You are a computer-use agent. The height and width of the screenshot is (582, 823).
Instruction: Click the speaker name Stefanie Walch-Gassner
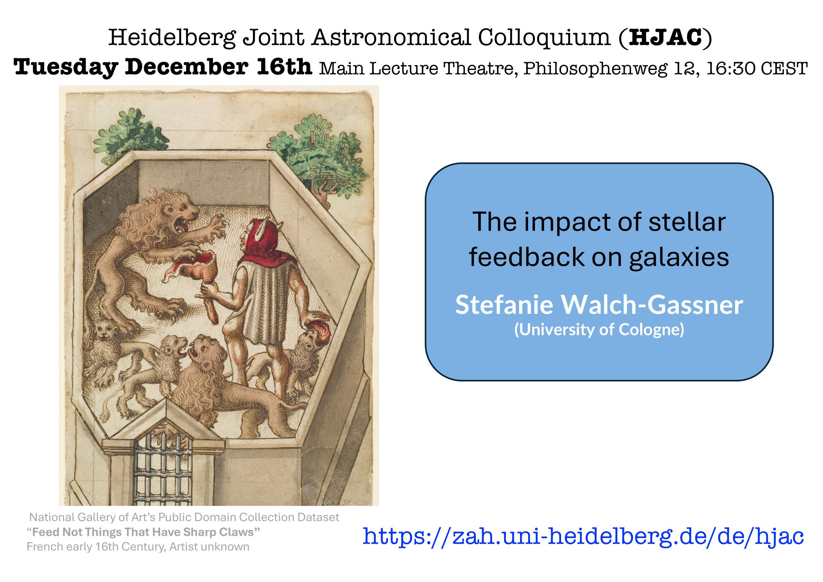(599, 305)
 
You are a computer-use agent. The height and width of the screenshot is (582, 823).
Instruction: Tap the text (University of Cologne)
(599, 330)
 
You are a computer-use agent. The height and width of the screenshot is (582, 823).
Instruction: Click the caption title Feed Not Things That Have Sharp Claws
(143, 532)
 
